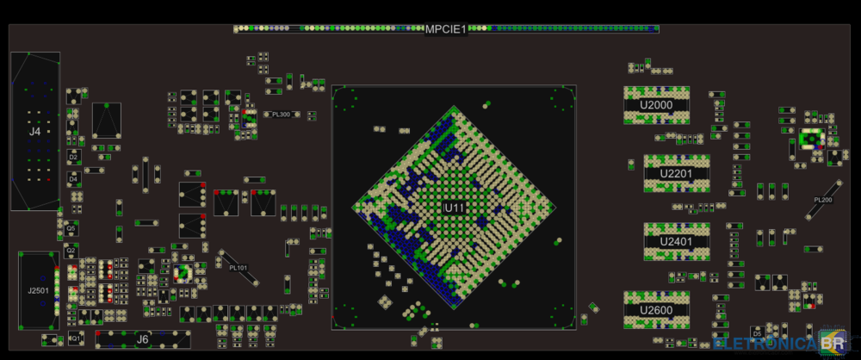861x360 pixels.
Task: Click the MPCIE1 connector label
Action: (446, 29)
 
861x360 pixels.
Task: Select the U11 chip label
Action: (454, 208)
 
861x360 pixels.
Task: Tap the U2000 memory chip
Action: (656, 105)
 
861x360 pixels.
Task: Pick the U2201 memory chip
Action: (677, 173)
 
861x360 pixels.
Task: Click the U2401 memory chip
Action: (677, 242)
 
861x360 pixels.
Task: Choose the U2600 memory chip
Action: (656, 310)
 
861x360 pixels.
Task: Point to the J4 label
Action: (34, 132)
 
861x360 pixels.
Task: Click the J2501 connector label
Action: (38, 291)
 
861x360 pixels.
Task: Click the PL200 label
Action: (823, 200)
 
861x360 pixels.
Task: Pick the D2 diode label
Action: (74, 158)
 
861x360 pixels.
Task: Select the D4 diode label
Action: (74, 178)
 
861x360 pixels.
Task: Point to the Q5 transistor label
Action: (71, 228)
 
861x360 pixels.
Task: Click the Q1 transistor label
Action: (74, 338)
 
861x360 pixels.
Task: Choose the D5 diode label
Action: (757, 332)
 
